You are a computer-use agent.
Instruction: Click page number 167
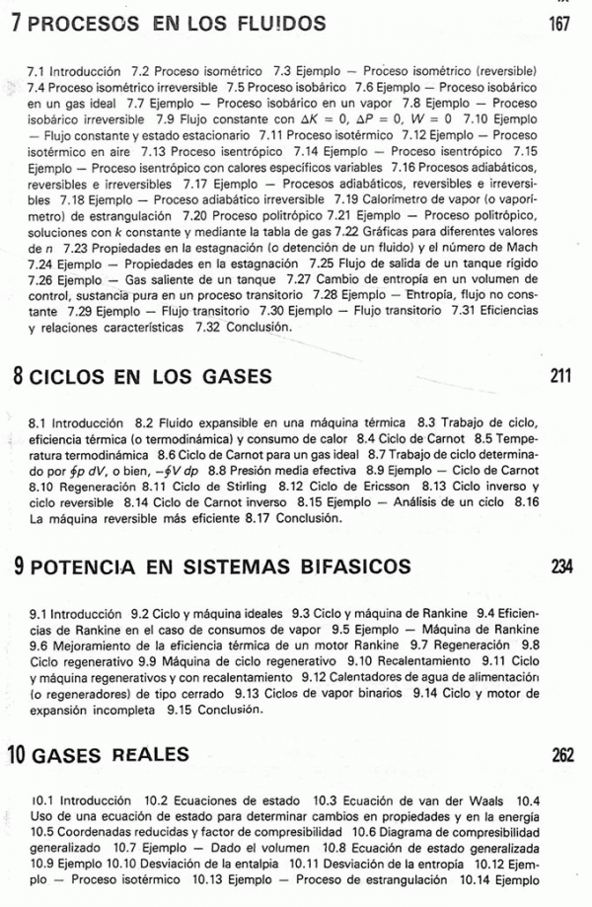point(559,23)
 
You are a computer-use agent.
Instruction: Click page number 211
point(559,376)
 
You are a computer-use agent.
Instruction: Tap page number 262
point(561,755)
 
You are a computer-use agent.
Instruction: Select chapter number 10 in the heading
point(19,755)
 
